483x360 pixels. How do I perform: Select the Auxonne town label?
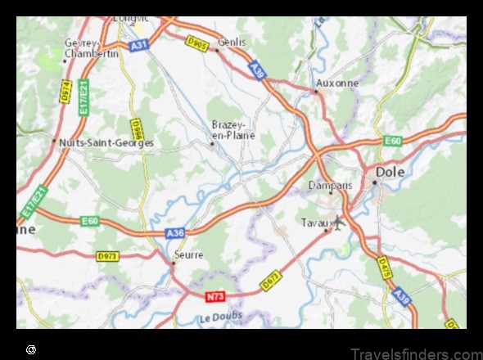[x=337, y=83]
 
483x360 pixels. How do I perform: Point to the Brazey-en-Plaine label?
[x=233, y=129]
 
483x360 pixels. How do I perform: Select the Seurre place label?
[x=187, y=254]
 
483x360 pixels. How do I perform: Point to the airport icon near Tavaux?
[x=337, y=221]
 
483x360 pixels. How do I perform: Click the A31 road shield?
[x=139, y=46]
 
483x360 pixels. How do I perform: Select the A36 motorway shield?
[x=175, y=234]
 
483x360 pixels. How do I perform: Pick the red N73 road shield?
[x=214, y=296]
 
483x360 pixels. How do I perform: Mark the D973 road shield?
[x=107, y=256]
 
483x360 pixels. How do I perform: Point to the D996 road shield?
[x=137, y=128]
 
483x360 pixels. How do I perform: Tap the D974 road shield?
[x=65, y=89]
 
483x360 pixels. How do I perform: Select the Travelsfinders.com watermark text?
[x=416, y=353]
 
